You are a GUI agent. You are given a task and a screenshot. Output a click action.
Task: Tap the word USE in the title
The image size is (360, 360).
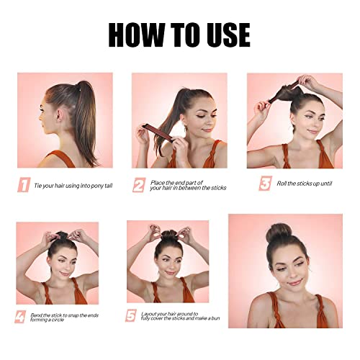tap(228, 35)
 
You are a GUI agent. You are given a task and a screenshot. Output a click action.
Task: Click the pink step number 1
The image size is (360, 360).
tap(24, 185)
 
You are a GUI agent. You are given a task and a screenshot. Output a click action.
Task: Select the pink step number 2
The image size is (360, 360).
tap(139, 185)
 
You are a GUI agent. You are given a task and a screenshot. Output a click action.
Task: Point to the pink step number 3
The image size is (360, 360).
tap(265, 184)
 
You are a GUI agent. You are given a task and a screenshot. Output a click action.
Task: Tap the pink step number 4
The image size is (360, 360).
tap(20, 317)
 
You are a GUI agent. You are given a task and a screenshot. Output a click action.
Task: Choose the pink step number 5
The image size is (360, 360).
tap(131, 315)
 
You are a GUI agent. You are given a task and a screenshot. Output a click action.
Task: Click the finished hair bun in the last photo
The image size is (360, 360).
tap(279, 233)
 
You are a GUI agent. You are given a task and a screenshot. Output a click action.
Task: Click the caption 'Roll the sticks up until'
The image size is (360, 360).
tap(305, 184)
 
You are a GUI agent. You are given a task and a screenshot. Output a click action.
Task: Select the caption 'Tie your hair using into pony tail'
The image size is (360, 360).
tap(73, 186)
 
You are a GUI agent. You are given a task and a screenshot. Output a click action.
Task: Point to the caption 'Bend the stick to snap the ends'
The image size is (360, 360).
tap(65, 315)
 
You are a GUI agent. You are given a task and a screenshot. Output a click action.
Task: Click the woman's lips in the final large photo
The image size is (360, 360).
tap(294, 282)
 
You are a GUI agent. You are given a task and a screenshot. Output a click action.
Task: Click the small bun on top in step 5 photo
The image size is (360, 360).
tap(168, 235)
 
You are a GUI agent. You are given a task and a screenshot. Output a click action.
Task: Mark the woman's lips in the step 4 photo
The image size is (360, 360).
tap(64, 274)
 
